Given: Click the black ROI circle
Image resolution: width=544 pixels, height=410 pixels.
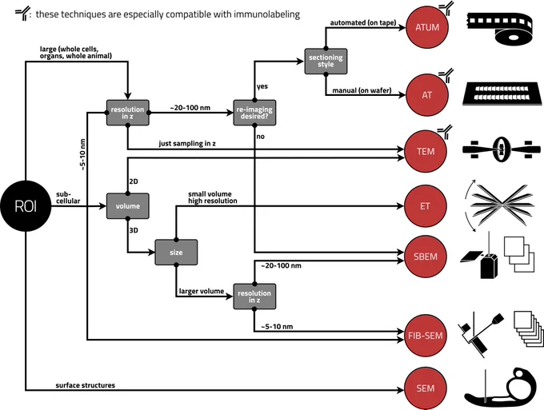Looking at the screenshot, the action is [26, 206].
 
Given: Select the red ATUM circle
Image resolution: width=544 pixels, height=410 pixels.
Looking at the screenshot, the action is [427, 27].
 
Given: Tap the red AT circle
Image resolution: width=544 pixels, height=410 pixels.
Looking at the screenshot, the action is [426, 95].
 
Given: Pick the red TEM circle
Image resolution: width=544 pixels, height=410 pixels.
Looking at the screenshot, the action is [426, 152].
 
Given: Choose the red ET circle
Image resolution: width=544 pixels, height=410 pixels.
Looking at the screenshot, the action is [425, 206].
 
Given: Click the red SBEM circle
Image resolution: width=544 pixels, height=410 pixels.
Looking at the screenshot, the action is [426, 257].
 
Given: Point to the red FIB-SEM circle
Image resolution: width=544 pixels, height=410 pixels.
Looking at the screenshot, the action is [426, 336].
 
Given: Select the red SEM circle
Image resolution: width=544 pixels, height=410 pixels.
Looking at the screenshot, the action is [426, 388].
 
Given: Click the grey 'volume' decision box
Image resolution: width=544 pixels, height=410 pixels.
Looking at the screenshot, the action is [128, 206].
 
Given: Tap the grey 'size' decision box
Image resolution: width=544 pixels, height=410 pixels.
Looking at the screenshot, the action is [176, 253].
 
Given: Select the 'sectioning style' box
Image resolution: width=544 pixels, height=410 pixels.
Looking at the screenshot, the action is [326, 62].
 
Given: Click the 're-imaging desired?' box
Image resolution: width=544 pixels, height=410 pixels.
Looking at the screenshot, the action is [254, 113].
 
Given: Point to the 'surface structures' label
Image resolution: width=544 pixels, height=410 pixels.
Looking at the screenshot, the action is [86, 385].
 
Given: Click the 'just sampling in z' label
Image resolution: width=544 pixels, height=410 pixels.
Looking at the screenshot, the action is [187, 144].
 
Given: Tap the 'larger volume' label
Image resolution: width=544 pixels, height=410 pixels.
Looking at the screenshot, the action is [202, 291].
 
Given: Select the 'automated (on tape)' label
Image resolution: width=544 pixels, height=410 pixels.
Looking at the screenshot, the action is [363, 23].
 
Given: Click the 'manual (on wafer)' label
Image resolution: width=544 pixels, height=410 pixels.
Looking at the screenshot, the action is [362, 90].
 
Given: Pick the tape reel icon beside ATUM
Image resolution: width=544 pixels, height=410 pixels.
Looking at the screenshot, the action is [499, 28].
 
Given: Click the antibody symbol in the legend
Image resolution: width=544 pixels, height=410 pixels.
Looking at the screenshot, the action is [22, 14].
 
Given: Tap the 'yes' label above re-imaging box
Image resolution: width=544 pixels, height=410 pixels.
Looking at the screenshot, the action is [262, 86].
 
